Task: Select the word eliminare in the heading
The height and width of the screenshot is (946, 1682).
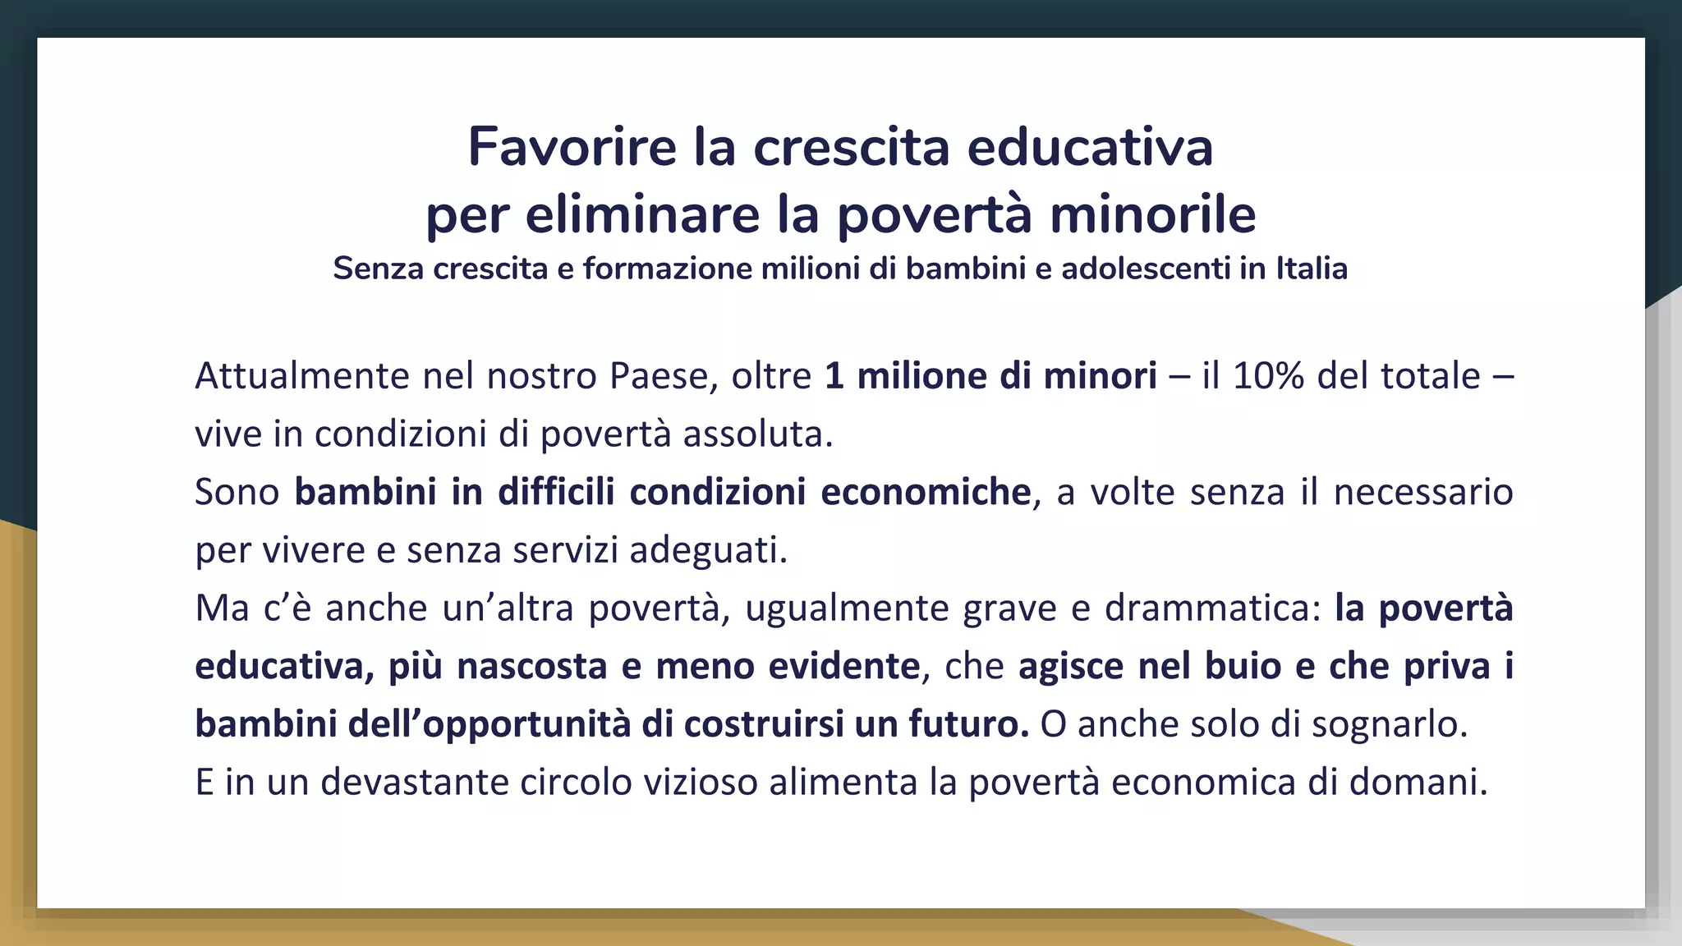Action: [x=643, y=215]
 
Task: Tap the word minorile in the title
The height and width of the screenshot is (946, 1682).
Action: [x=1152, y=215]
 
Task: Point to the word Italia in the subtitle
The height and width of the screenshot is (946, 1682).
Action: [x=1312, y=269]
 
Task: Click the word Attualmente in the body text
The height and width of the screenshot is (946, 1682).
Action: [x=302, y=376]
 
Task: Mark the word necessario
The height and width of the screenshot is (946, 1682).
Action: [x=1422, y=492]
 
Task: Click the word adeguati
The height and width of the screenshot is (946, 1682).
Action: [x=708, y=550]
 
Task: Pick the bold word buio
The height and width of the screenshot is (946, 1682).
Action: [x=1243, y=666]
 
